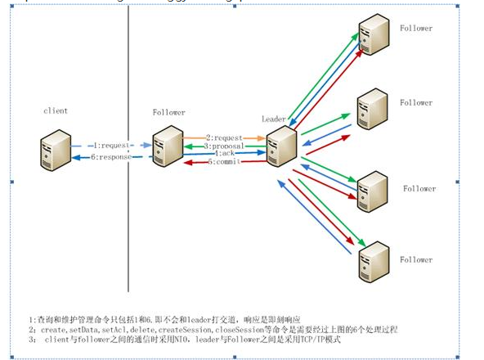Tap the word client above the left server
[x=56, y=110]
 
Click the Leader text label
[x=272, y=119]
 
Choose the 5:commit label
[x=224, y=161]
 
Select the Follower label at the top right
[x=416, y=29]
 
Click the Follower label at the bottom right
[x=416, y=260]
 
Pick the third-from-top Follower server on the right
[x=373, y=187]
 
